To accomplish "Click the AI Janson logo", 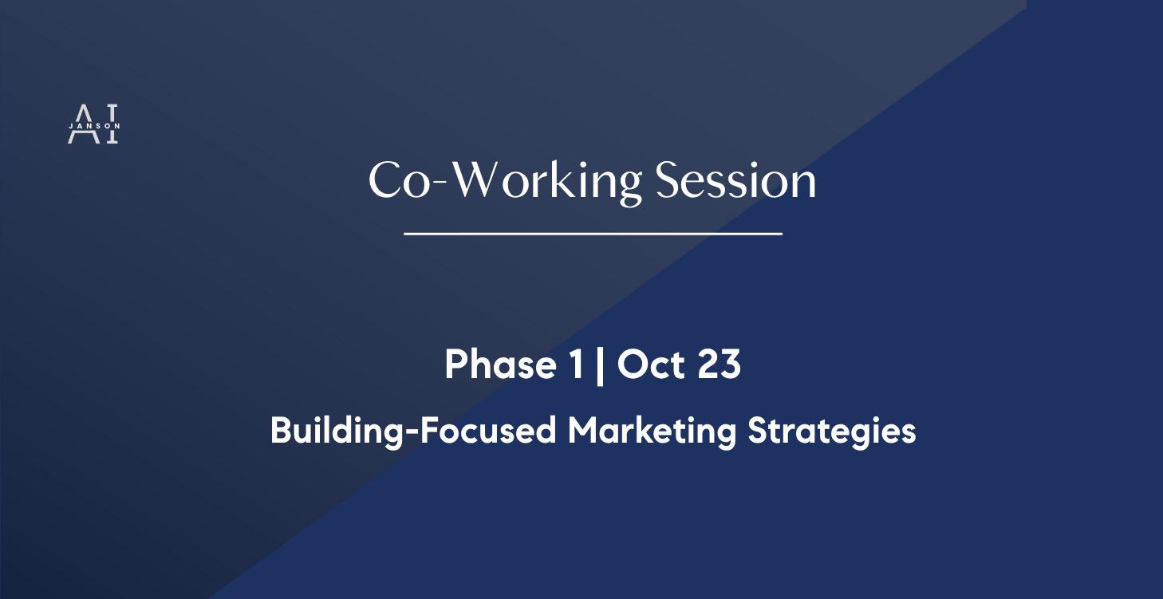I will tap(93, 124).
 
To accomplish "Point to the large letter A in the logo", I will tap(79, 124).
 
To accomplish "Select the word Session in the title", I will tap(735, 181).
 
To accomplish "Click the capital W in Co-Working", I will tap(484, 181).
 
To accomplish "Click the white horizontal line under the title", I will tap(593, 234).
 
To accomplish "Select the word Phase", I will tap(500, 365).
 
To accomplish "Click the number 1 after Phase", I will tap(575, 365).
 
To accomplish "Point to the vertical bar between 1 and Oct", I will tap(599, 366).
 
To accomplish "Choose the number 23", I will tap(719, 365).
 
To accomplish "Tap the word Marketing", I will tap(652, 432).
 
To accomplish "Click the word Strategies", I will tap(831, 432).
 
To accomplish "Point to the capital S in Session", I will tap(668, 181).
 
